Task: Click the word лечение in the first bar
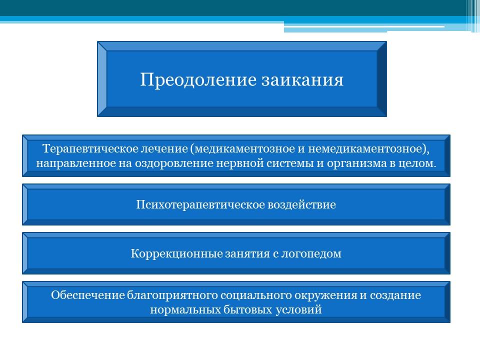pos(164,148)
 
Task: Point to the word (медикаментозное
pos(243,149)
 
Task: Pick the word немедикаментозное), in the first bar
pos(368,149)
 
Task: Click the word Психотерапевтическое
pos(200,205)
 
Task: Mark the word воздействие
pos(302,204)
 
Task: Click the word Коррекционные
pos(176,254)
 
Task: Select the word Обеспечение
pos(88,295)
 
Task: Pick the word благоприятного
pos(172,295)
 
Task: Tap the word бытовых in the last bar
pos(248,310)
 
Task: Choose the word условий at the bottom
pos(299,310)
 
